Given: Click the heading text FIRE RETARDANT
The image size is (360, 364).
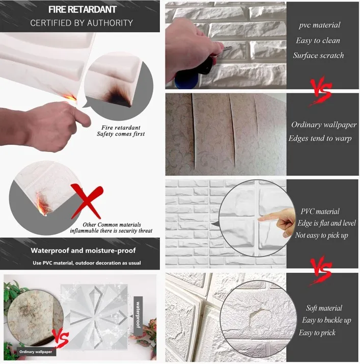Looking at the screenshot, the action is tap(82, 10).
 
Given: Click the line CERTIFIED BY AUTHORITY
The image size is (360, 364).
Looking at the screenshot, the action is tap(81, 23).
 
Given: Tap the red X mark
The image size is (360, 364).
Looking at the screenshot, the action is tap(87, 201).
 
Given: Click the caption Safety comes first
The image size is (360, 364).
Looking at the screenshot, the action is tap(121, 134).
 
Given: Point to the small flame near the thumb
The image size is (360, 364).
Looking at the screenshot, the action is tap(70, 97).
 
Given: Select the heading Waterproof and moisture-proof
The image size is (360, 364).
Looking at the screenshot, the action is tap(83, 250).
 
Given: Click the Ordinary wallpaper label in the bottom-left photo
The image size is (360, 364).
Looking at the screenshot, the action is tap(36, 352).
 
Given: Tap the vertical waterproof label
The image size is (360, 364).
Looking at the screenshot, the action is tap(138, 315).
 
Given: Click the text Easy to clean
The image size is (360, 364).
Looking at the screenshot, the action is tap(318, 40).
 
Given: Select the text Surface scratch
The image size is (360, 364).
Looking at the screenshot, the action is tap(318, 55).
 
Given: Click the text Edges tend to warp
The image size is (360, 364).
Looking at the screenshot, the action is tap(320, 138).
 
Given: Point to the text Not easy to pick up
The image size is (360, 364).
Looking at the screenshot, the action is tap(321, 236).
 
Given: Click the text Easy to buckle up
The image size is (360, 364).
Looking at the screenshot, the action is tap(326, 320).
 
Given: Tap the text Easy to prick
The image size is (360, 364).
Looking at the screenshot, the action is tap(317, 333).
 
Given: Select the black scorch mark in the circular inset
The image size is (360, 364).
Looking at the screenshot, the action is tap(117, 96).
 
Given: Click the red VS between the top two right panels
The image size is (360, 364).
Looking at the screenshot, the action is tap(321, 91).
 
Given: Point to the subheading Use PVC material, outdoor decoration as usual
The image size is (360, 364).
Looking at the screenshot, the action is tap(87, 263).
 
